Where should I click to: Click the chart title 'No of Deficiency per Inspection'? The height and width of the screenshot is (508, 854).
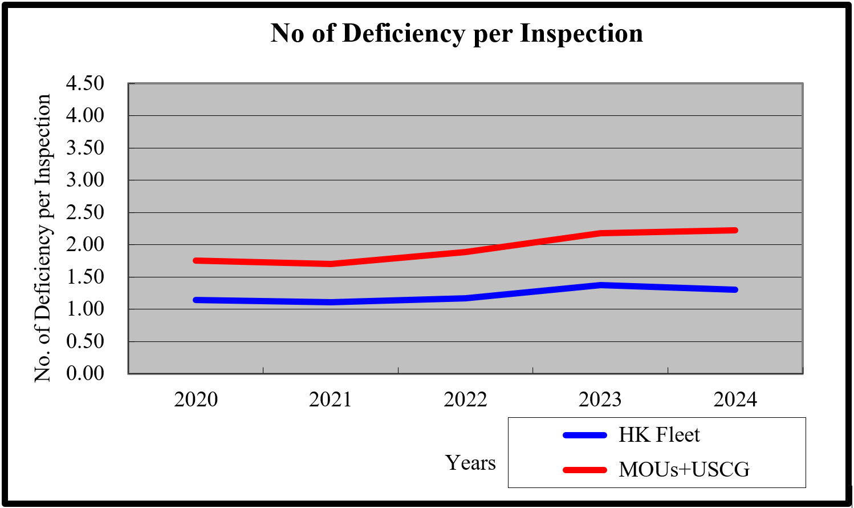[457, 34]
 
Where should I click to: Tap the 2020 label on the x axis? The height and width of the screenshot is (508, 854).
[196, 400]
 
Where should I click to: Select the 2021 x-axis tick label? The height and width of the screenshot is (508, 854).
[331, 400]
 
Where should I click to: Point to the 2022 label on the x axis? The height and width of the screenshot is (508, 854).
[465, 400]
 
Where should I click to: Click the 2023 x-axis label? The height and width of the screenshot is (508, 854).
[600, 400]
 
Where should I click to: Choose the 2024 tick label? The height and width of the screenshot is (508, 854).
[735, 400]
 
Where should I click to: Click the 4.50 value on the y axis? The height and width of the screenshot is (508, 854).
[85, 83]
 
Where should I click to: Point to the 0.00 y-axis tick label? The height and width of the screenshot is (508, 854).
[85, 373]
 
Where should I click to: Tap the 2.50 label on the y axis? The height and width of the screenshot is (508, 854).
[85, 212]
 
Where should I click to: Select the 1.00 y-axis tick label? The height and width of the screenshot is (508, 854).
[85, 309]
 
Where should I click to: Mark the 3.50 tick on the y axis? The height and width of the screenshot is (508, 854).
[85, 148]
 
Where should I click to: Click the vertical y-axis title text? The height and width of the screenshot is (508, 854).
[43, 238]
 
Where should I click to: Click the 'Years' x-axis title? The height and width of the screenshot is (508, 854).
[470, 463]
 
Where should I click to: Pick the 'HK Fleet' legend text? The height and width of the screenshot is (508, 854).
[659, 435]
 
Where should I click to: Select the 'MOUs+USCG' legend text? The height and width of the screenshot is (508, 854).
[684, 469]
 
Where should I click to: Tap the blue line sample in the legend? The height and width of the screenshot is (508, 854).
[585, 435]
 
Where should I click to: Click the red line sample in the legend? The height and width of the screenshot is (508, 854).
[585, 470]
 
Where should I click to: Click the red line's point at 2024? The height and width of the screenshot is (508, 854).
[735, 231]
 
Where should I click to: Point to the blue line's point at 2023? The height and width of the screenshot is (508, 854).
[600, 285]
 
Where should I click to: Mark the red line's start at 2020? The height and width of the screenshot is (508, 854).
[196, 261]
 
